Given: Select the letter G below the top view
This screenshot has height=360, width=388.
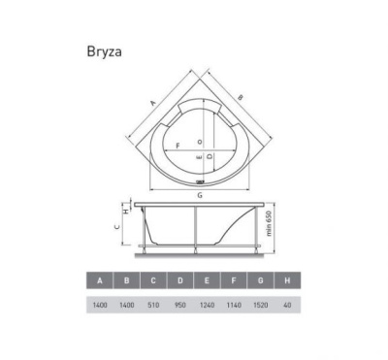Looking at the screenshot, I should coord(199,197).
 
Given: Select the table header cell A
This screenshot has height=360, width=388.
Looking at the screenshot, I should coord(100,282).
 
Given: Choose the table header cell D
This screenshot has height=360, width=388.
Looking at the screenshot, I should coord(178,282).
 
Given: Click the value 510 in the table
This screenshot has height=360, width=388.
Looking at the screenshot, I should coord(152,305).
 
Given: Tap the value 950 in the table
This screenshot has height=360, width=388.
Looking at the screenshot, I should coord(178,305).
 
